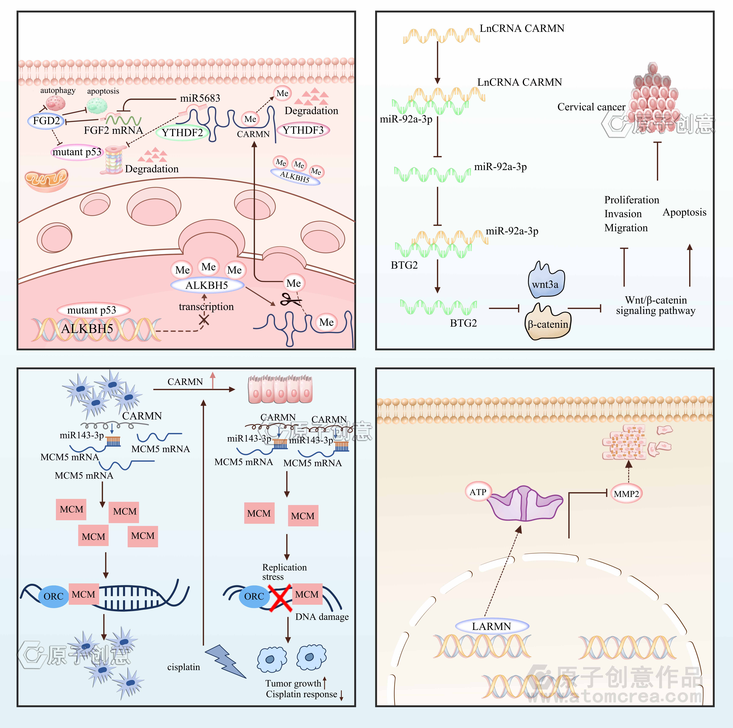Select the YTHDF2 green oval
tap(182, 132)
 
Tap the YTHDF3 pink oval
tap(303, 130)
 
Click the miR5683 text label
tap(200, 98)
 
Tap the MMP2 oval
tap(626, 494)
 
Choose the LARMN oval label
tap(491, 626)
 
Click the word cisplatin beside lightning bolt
tap(184, 667)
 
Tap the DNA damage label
tap(322, 617)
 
